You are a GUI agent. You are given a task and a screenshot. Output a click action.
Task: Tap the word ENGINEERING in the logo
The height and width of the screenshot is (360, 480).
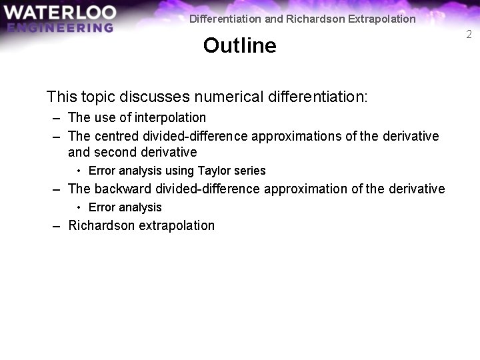[60, 27]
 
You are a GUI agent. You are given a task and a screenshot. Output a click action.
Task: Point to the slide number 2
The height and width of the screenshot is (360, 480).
[469, 35]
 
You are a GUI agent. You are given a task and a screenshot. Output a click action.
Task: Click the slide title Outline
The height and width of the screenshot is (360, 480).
[239, 45]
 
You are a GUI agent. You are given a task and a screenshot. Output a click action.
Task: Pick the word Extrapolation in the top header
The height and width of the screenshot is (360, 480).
[381, 19]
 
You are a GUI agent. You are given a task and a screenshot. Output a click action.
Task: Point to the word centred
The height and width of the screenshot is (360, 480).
[116, 136]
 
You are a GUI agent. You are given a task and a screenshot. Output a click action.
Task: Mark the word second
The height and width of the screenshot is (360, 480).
[114, 152]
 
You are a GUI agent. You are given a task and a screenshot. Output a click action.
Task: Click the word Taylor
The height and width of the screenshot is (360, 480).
[214, 171]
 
